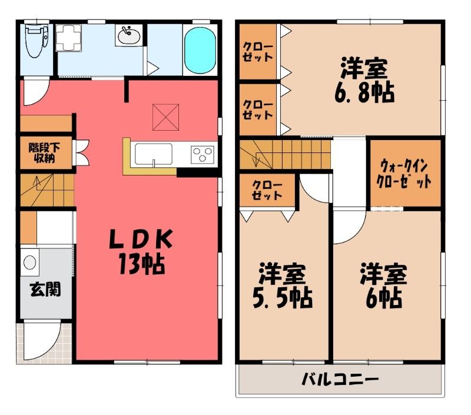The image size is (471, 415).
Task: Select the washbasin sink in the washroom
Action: pos(129,36)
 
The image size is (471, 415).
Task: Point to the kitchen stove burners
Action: pos(203,154)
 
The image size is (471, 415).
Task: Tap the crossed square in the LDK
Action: pos(165,117)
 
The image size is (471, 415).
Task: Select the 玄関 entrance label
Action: pos(46,289)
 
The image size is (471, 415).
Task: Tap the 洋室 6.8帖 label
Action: pos(364,80)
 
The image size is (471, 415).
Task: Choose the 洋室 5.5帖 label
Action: pos(283,285)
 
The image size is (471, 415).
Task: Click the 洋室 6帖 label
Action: pos(384,285)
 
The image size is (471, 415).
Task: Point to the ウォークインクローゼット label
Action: pos(404,174)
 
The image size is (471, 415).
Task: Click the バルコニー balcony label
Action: pos(340,380)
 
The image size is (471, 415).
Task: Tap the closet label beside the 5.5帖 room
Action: pos(267,190)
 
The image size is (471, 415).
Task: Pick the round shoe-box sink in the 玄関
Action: pos(29,262)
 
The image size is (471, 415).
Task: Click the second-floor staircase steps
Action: pos(285,154)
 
